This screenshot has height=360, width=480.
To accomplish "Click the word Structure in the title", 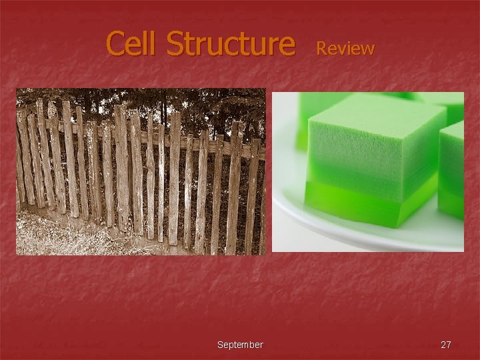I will pyautogui.click(x=230, y=43).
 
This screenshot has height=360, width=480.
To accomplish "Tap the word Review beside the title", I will pyautogui.click(x=345, y=48).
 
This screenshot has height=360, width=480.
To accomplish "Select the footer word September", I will pyautogui.click(x=240, y=345).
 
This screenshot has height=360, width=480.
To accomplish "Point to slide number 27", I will pyautogui.click(x=446, y=345).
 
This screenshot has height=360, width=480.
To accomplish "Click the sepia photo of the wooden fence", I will pyautogui.click(x=141, y=171).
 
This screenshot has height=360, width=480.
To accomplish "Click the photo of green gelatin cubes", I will pyautogui.click(x=368, y=171).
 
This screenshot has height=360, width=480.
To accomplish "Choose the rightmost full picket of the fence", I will pyautogui.click(x=252, y=193).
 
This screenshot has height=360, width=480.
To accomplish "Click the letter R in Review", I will pyautogui.click(x=321, y=48).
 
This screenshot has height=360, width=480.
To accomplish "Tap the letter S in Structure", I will pyautogui.click(x=175, y=44).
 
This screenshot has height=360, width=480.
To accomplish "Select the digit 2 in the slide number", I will pyautogui.click(x=443, y=345).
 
